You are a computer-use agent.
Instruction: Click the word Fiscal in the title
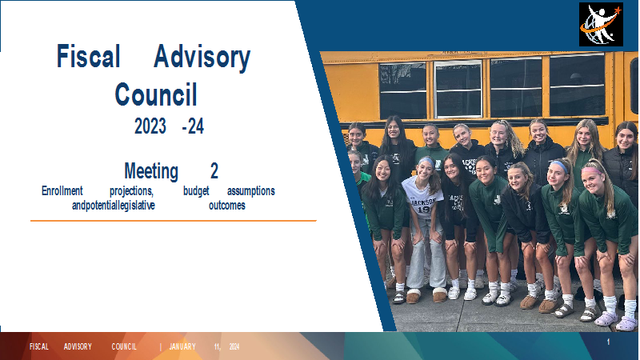(x=88, y=56)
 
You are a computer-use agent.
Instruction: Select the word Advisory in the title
(x=202, y=58)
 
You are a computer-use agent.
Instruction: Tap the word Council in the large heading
(x=156, y=94)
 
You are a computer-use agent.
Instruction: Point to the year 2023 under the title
(x=150, y=126)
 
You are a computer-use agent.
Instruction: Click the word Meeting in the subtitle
(x=151, y=170)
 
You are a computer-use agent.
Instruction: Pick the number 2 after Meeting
(x=214, y=170)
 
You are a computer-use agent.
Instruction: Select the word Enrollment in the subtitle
(x=62, y=190)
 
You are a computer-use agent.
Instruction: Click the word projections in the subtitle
(x=131, y=191)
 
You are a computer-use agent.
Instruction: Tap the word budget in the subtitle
(x=196, y=191)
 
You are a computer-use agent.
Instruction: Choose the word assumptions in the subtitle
(x=251, y=191)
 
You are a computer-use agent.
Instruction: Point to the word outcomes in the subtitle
(x=227, y=205)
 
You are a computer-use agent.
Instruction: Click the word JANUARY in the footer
(x=182, y=346)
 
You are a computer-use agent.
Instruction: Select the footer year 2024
(x=234, y=346)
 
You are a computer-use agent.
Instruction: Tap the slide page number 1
(x=608, y=342)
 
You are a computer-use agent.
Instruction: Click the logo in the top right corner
(x=602, y=25)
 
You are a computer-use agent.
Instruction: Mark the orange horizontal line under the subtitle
(x=174, y=221)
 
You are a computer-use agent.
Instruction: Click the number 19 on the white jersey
(x=424, y=210)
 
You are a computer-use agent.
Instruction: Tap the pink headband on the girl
(x=592, y=170)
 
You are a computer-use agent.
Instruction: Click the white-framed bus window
(x=458, y=89)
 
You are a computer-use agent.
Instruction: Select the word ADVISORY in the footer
(x=78, y=346)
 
